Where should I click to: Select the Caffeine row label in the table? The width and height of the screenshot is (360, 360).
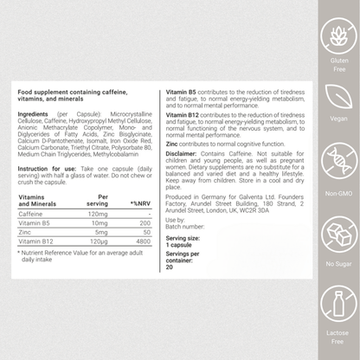coord(31,213)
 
